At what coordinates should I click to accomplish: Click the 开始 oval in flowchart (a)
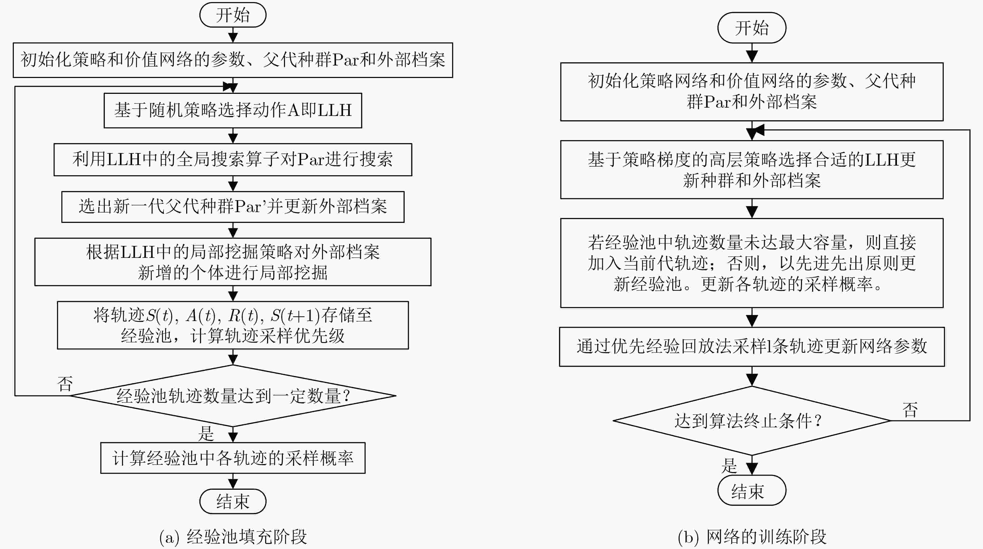233,15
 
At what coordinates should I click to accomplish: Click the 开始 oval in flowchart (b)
751,28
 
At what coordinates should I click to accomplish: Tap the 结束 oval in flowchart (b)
751,490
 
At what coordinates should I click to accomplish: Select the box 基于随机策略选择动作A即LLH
233,110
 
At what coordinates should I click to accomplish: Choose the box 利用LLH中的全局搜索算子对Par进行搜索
233,159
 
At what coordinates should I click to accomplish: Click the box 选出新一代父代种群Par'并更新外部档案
233,207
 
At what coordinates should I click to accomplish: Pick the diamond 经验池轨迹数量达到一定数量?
233,396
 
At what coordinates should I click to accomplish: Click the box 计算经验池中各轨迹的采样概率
233,458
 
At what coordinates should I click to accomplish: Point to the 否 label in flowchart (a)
65,384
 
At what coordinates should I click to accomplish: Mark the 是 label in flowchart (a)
206,433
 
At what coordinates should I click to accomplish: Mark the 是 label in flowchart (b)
729,466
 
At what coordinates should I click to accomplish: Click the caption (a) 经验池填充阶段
233,537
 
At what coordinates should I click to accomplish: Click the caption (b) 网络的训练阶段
751,537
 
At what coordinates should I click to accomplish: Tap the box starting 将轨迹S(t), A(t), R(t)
233,325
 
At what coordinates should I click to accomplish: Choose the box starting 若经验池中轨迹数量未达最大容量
751,263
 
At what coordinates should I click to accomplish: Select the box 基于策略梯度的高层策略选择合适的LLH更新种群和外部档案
751,169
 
